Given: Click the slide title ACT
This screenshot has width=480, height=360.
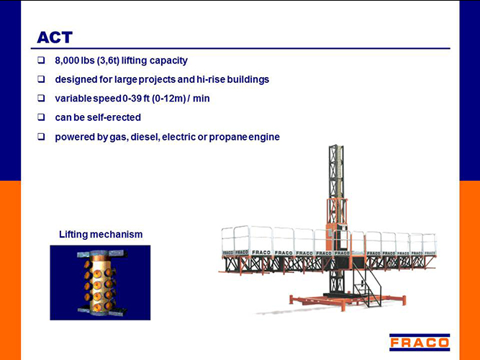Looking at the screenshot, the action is pyautogui.click(x=55, y=37).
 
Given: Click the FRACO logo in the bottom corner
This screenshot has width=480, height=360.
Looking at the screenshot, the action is pyautogui.click(x=420, y=342).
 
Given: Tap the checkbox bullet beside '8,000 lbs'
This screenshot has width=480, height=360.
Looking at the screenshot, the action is pyautogui.click(x=41, y=60).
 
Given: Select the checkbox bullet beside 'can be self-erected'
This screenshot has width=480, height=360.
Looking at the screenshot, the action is pyautogui.click(x=41, y=117).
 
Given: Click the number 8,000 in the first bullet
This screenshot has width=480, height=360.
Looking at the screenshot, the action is pyautogui.click(x=67, y=60).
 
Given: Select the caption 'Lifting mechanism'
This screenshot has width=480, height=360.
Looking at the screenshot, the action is pyautogui.click(x=101, y=235).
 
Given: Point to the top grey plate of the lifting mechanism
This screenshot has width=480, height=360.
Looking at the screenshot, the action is pyautogui.click(x=102, y=253).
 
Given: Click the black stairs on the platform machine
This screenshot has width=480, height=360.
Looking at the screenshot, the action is pyautogui.click(x=367, y=284).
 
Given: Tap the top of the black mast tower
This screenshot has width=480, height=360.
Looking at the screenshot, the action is pyautogui.click(x=336, y=147).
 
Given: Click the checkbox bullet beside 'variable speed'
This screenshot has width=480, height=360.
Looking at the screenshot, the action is pyautogui.click(x=41, y=98).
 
